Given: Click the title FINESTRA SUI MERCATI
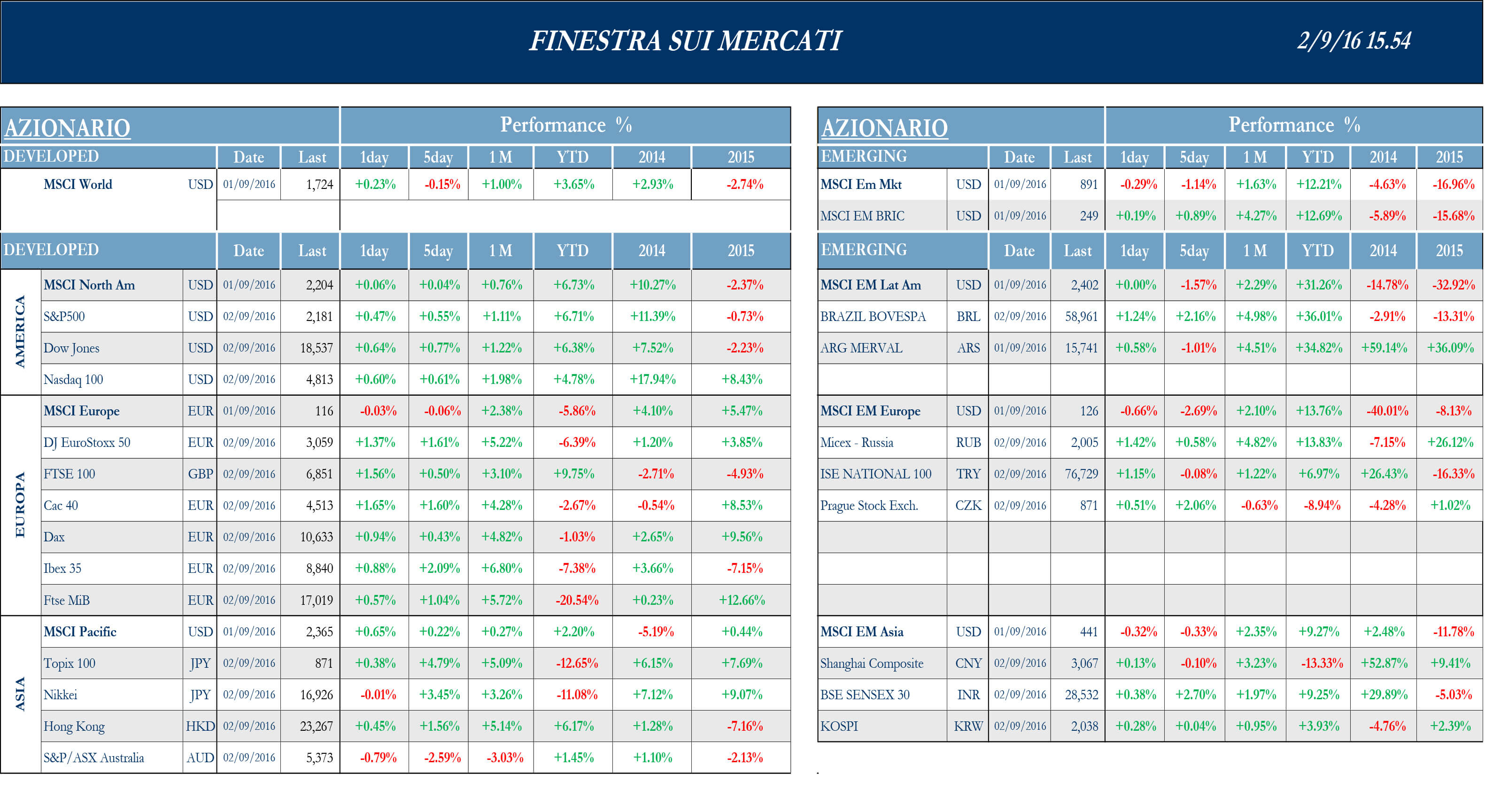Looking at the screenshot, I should (685, 41).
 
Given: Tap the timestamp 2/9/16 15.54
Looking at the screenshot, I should (1354, 41).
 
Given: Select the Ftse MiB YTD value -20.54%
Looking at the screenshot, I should (576, 600).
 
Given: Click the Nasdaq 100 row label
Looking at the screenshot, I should (73, 379).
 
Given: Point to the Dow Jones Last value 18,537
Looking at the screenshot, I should (316, 348).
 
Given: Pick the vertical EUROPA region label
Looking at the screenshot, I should (20, 505).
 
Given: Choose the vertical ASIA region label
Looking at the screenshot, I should (20, 694).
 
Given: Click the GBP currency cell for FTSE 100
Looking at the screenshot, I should (200, 474).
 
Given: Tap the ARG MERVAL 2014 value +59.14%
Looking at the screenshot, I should (1384, 348).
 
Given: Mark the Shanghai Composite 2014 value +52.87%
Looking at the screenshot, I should (1384, 663).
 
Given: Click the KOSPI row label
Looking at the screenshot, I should (839, 726).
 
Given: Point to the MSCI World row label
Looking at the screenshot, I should (78, 185).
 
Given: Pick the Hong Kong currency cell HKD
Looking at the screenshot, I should (200, 726).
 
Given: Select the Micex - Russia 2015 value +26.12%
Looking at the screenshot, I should (1450, 442).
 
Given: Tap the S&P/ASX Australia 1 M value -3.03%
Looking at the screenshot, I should (504, 758).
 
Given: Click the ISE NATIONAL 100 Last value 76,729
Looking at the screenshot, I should (1081, 474).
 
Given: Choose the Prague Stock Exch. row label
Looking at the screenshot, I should (868, 506).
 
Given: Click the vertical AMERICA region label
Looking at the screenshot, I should (20, 332).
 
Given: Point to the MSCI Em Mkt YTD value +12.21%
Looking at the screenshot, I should (1318, 185).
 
